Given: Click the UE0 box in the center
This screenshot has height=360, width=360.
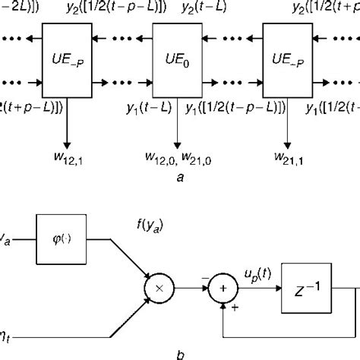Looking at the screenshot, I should pos(178,58).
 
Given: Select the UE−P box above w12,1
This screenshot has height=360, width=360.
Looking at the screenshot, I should pos(68,58).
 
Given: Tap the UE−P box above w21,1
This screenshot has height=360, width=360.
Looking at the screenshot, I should pos(287,58).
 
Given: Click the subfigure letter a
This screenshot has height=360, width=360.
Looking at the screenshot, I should pos(178,176).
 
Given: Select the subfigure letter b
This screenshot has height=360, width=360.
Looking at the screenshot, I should pos(178,352).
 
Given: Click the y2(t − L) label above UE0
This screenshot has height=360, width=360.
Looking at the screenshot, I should pos(197,9).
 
